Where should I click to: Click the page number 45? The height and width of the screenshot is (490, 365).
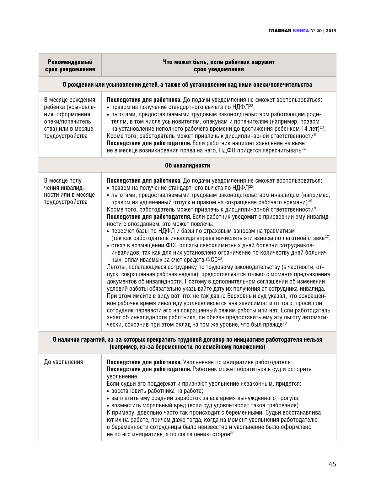(x=332, y=464)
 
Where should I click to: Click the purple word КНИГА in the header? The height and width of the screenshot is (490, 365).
(x=301, y=30)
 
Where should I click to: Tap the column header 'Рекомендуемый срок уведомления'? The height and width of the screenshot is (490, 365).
(x=70, y=65)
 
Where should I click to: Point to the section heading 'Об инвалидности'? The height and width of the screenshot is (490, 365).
(x=187, y=165)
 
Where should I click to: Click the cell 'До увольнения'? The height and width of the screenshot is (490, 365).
(x=63, y=362)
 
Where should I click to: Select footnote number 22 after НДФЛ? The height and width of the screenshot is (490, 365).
(x=251, y=106)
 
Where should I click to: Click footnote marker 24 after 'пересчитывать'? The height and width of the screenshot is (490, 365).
(x=303, y=149)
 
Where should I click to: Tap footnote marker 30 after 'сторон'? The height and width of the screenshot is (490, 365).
(x=232, y=433)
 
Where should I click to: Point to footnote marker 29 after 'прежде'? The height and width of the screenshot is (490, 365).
(x=284, y=323)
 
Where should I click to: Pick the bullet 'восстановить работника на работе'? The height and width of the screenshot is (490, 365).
(x=157, y=391)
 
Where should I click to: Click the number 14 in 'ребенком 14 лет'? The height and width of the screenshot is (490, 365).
(x=304, y=129)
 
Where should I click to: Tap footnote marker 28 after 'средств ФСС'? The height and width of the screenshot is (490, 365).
(x=220, y=258)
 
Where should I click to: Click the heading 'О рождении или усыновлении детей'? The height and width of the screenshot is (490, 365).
(x=187, y=85)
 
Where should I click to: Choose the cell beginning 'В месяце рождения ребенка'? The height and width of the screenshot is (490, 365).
(x=69, y=118)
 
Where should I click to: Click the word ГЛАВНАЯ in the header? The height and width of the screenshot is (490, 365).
(x=280, y=30)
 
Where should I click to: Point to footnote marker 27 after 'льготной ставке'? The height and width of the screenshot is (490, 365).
(x=327, y=237)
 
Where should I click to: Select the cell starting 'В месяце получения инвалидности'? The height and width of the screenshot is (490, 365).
(x=69, y=191)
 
